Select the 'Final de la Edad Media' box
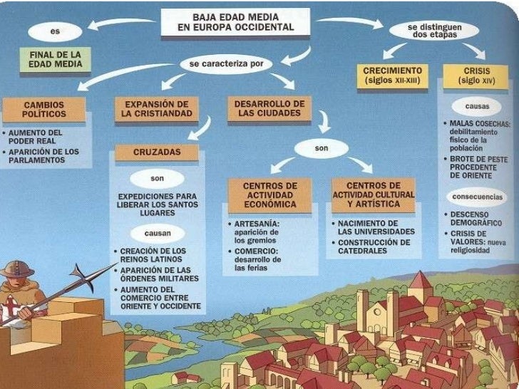(55, 59)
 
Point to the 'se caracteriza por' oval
(227, 63)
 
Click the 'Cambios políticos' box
(43, 109)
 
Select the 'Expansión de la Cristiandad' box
(153, 109)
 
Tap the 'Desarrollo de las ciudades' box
(269, 108)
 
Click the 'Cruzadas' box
(157, 152)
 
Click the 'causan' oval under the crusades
(158, 233)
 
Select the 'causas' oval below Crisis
(476, 106)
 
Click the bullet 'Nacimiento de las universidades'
(375, 227)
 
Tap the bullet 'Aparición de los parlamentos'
(41, 156)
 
